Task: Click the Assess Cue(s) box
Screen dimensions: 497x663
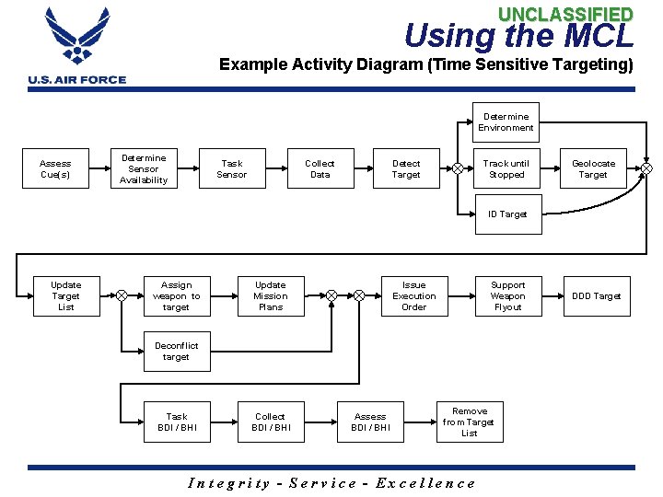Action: tap(55, 169)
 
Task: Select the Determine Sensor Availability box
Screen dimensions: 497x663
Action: tap(144, 169)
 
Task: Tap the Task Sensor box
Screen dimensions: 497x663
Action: tap(232, 169)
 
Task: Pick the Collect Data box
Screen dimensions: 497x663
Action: tap(320, 169)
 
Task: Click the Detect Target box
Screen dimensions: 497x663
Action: tap(406, 169)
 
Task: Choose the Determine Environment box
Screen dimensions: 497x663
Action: tap(506, 122)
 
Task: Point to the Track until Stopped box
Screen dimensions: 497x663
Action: tap(506, 169)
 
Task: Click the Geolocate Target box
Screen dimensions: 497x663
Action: tap(593, 169)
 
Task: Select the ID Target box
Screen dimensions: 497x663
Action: tap(506, 214)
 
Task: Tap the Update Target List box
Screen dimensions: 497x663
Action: tap(65, 296)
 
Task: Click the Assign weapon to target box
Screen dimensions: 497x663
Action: tap(176, 296)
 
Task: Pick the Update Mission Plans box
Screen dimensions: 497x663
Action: tap(271, 296)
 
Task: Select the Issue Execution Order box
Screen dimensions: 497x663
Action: tap(414, 296)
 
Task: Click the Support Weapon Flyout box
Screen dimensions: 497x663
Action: tap(507, 296)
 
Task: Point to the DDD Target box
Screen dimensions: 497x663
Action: tap(597, 296)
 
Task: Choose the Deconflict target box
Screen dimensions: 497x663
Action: tap(176, 352)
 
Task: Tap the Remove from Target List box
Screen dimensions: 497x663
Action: tap(469, 422)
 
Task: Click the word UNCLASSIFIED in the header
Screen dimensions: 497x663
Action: tap(565, 14)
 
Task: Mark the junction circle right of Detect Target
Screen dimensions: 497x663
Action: tap(458, 168)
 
